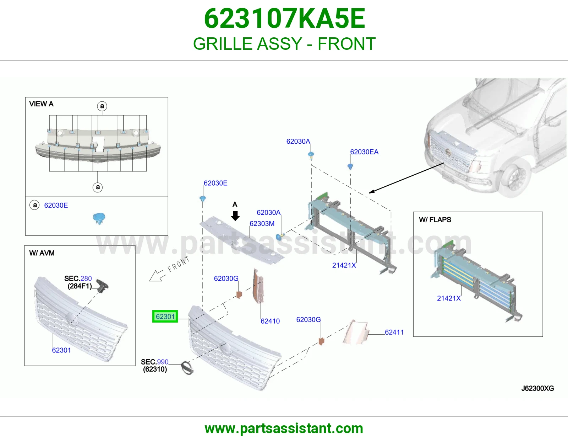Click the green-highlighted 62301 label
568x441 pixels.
[x=165, y=317]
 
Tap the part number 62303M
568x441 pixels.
[x=262, y=223]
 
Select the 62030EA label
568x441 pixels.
[x=364, y=152]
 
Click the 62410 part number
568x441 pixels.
[x=270, y=321]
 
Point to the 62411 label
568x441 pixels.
[x=394, y=332]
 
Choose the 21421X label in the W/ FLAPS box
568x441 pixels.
[x=449, y=298]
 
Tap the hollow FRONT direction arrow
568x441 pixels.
[x=157, y=276]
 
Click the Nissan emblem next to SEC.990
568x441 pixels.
[x=187, y=368]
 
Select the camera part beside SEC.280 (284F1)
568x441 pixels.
[x=102, y=286]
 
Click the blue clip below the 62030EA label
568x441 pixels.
[x=350, y=166]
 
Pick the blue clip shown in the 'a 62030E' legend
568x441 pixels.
[x=99, y=218]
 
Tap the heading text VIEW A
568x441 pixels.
[x=41, y=104]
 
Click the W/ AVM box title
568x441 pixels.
[x=42, y=253]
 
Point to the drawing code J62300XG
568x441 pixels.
[x=538, y=388]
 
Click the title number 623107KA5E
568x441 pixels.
[x=284, y=18]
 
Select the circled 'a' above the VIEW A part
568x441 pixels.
[x=102, y=106]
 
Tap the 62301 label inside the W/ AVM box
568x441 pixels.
[x=61, y=350]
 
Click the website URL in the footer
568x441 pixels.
[x=284, y=429]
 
